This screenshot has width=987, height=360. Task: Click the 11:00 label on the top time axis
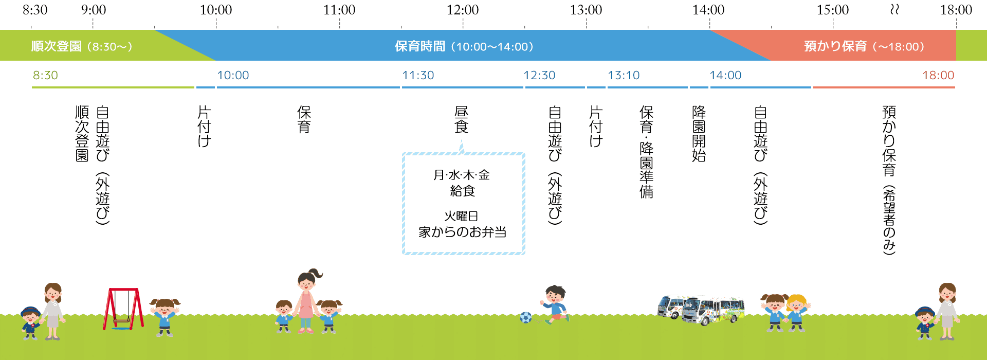339,10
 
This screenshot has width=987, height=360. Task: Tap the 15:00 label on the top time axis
833,10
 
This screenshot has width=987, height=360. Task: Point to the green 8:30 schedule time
45,75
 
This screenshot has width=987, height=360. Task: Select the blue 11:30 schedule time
418,75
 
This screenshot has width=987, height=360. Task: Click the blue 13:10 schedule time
624,75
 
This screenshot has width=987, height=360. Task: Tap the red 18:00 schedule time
938,75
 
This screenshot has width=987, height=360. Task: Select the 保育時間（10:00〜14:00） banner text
464,46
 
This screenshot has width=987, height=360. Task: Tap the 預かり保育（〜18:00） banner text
864,46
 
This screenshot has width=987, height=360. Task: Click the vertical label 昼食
462,119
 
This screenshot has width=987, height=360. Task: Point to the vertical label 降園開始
699,134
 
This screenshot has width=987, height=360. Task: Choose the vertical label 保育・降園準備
646,152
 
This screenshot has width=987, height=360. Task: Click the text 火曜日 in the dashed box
462,216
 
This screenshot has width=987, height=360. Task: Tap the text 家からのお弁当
462,232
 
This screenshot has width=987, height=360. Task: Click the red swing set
123,309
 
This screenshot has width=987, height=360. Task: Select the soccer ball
525,318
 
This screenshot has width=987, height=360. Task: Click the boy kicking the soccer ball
554,304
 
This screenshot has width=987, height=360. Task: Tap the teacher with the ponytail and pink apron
307,301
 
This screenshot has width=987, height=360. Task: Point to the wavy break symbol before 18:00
894,10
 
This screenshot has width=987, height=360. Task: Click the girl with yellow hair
797,312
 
